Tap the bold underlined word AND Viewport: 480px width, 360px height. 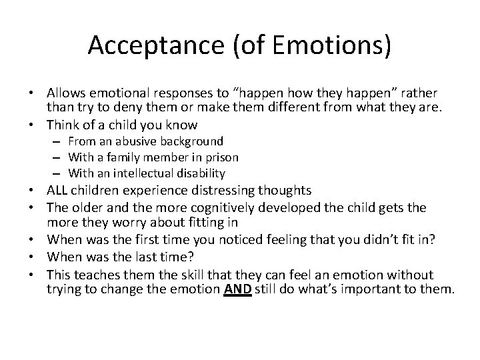[x=238, y=289]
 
